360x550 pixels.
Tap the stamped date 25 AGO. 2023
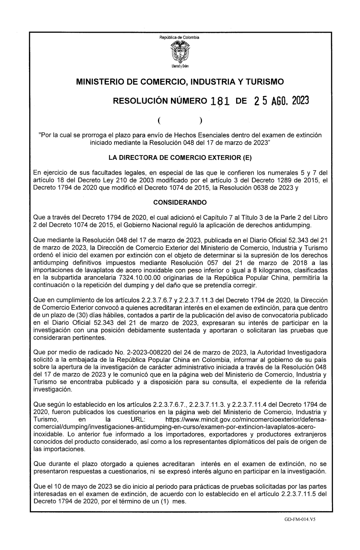[281, 101]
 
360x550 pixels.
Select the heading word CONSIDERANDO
[180, 203]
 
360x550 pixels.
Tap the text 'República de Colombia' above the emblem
[180, 37]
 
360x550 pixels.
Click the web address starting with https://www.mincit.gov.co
[246, 420]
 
